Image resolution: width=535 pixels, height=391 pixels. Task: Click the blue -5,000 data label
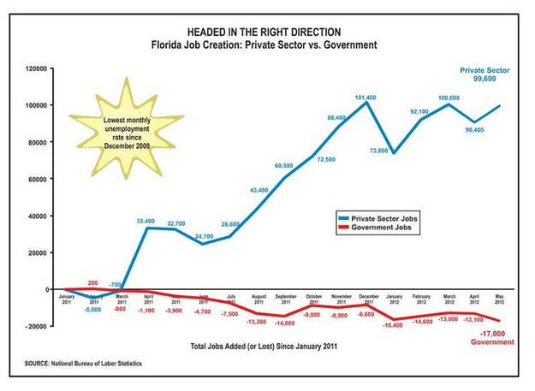coord(93,309)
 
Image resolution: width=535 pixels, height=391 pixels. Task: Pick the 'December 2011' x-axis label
coord(368,301)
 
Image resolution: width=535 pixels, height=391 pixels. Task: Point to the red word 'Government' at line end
coord(493,342)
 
